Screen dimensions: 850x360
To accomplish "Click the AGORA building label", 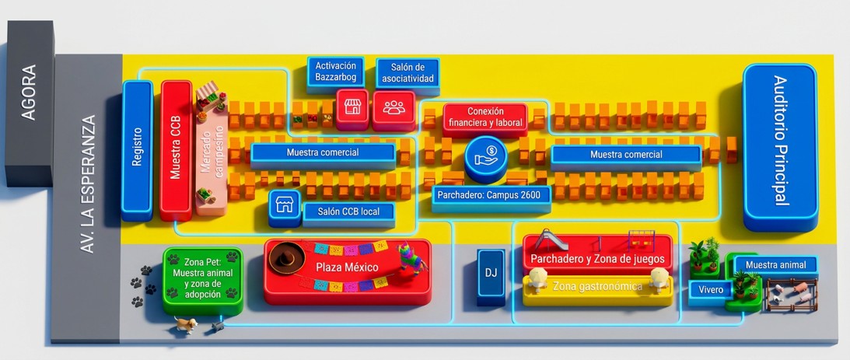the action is point(28,93).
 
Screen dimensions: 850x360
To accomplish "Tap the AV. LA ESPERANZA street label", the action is point(87,183).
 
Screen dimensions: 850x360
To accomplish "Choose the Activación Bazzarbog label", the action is point(335,72).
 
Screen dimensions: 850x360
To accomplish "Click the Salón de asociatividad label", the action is point(408,73).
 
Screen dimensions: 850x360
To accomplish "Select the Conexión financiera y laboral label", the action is point(485,117).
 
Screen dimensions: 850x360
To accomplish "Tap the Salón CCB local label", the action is point(348,211).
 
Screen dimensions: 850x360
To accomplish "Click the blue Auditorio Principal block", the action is point(779,147).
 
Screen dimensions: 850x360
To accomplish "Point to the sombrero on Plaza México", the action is point(287,257).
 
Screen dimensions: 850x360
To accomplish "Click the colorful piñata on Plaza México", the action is point(411,257).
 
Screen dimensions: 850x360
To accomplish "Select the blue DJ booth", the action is point(491,275).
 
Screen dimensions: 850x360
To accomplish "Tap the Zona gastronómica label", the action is point(597,286).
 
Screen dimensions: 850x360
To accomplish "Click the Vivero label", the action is point(711,290).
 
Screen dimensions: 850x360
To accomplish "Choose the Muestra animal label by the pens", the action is point(775,265).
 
